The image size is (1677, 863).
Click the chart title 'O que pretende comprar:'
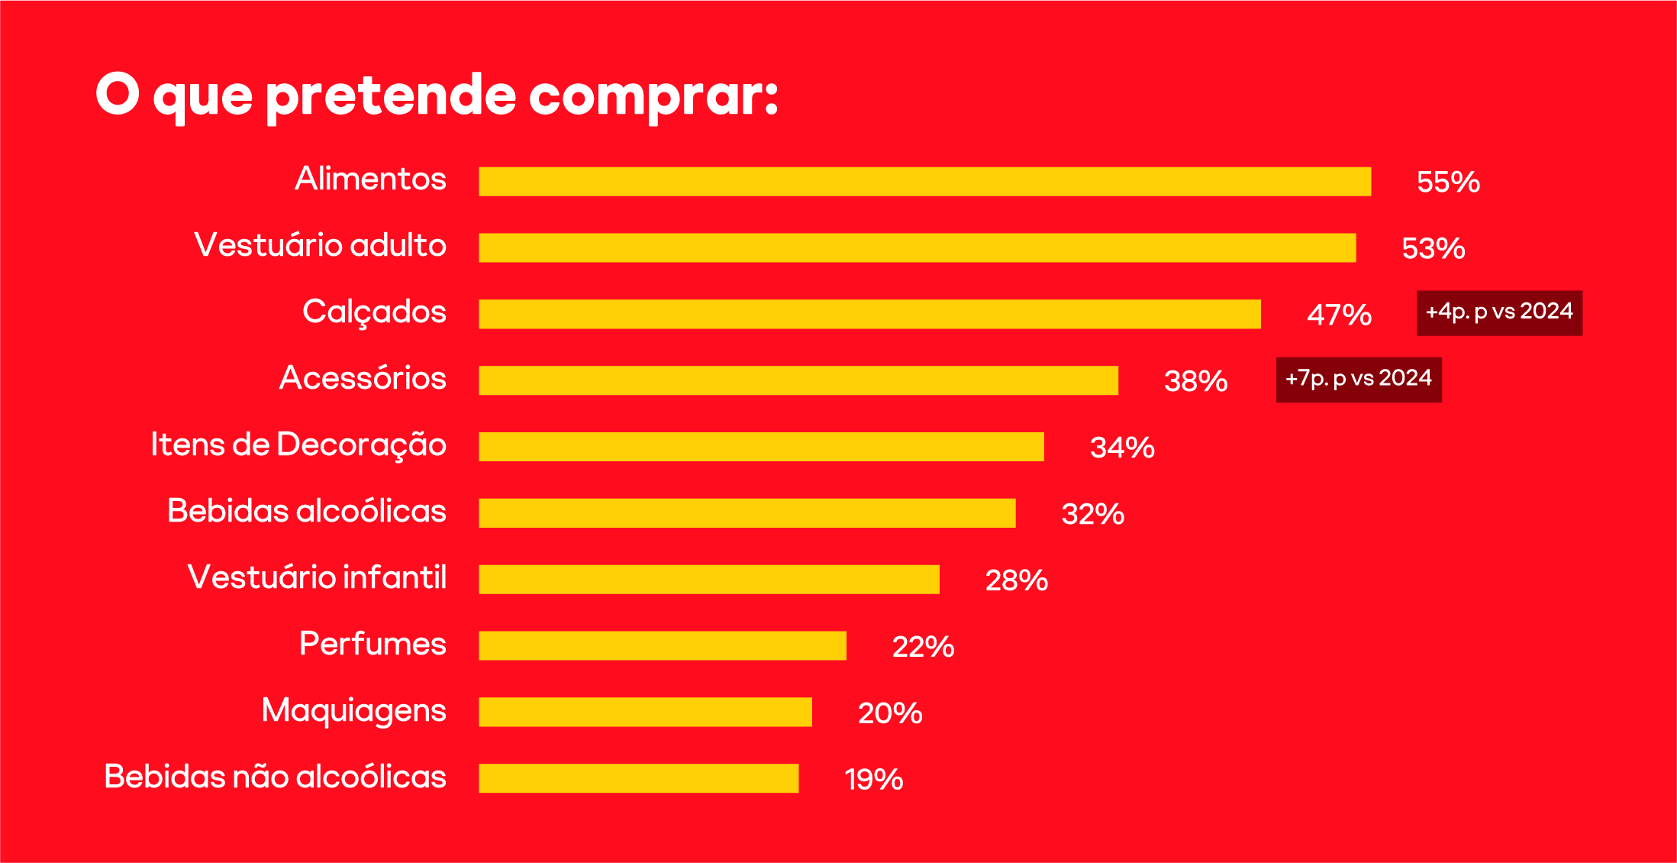pos(437,95)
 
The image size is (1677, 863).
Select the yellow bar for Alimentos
pos(924,182)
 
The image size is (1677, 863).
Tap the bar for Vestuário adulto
pos(917,248)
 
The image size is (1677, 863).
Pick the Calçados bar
pos(869,314)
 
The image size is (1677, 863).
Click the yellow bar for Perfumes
pos(662,645)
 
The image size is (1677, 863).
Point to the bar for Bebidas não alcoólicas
pos(638,778)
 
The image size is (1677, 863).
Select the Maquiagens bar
pos(645,712)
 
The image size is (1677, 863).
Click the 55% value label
pos(1448,183)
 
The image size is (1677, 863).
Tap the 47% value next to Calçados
pos(1339,315)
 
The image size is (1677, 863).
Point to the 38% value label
pos(1195,381)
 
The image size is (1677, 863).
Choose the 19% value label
pos(873,780)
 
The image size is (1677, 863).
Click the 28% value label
pos(1016,580)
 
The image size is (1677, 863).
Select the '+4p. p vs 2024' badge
pos(1499,312)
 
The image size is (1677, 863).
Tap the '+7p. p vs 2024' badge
pos(1359,379)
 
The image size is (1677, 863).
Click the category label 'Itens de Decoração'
pos(298,444)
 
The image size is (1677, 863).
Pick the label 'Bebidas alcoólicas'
pos(306,511)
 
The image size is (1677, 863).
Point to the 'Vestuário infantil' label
pos(317,577)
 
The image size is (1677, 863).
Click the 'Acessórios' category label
pos(363,378)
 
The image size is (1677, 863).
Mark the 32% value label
pos(1092,514)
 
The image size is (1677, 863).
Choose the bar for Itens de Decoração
pos(761,447)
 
